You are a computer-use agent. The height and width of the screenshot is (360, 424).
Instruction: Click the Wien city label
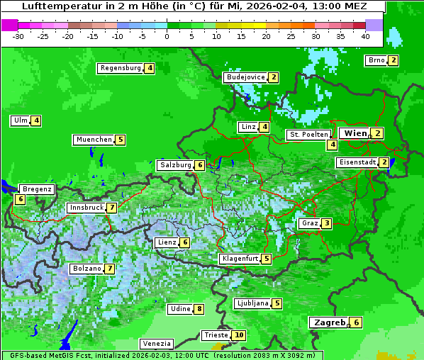(x=355, y=133)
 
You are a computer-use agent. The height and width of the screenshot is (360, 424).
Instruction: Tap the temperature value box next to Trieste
(x=239, y=335)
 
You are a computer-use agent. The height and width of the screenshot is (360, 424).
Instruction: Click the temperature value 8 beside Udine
(x=199, y=309)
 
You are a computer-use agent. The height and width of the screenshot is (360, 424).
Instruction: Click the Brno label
(x=376, y=60)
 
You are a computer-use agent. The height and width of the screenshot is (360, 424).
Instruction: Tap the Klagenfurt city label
(x=240, y=259)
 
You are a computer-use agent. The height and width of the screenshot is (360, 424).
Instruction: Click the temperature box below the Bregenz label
(x=20, y=200)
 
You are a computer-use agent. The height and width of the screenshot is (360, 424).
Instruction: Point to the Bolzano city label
(x=87, y=269)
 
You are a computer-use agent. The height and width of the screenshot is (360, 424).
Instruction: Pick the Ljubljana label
(x=252, y=303)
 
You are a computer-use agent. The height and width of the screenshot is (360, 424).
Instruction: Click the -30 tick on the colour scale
(x=18, y=36)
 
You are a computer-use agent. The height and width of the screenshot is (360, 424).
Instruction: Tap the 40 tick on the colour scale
(x=365, y=36)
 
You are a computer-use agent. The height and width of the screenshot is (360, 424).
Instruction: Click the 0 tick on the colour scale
(x=167, y=36)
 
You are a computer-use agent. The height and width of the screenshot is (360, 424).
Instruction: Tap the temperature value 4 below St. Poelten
(x=332, y=145)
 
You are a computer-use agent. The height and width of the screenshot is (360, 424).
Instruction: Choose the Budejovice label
(x=245, y=77)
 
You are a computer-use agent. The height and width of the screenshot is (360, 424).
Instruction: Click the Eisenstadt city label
(x=357, y=162)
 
